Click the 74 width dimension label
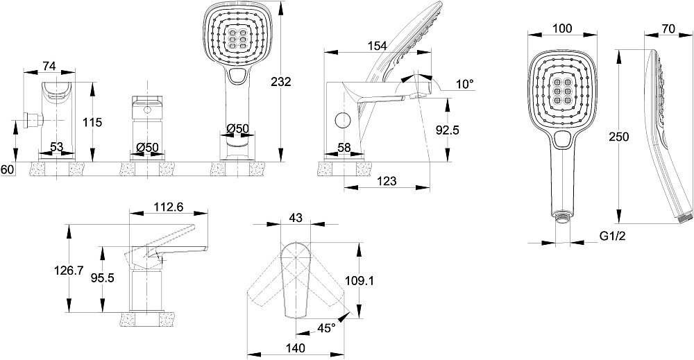[x=49, y=66]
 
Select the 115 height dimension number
[x=92, y=122]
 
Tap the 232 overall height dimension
[x=280, y=82]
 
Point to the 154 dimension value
[x=377, y=46]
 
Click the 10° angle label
[x=464, y=84]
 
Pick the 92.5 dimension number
[x=448, y=130]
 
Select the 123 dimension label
[x=387, y=181]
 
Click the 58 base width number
[x=344, y=148]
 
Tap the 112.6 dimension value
[x=169, y=207]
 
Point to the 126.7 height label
[x=69, y=271]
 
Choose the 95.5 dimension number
[x=103, y=277]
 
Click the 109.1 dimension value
[x=359, y=280]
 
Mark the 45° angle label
[x=326, y=327]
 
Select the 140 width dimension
[x=295, y=348]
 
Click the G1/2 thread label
[x=613, y=237]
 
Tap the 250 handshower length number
[x=619, y=137]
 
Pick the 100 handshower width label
[x=563, y=28]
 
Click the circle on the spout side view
[x=342, y=120]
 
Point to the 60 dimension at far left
[x=7, y=169]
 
